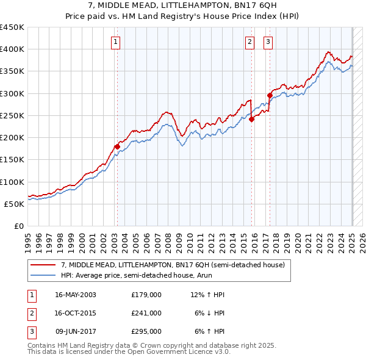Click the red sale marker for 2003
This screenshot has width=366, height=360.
118,146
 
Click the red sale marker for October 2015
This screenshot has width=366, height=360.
251,120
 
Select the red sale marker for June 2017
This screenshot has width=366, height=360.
269,95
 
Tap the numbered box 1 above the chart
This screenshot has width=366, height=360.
115,41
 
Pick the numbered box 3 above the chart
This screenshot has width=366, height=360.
268,41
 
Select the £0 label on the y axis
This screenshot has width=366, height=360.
18,226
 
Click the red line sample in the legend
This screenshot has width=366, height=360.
43,265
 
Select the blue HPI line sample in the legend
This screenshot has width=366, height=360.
43,276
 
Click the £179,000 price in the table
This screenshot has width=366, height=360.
146,295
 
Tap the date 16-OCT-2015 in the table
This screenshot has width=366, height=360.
76,313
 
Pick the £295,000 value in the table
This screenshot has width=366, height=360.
146,331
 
